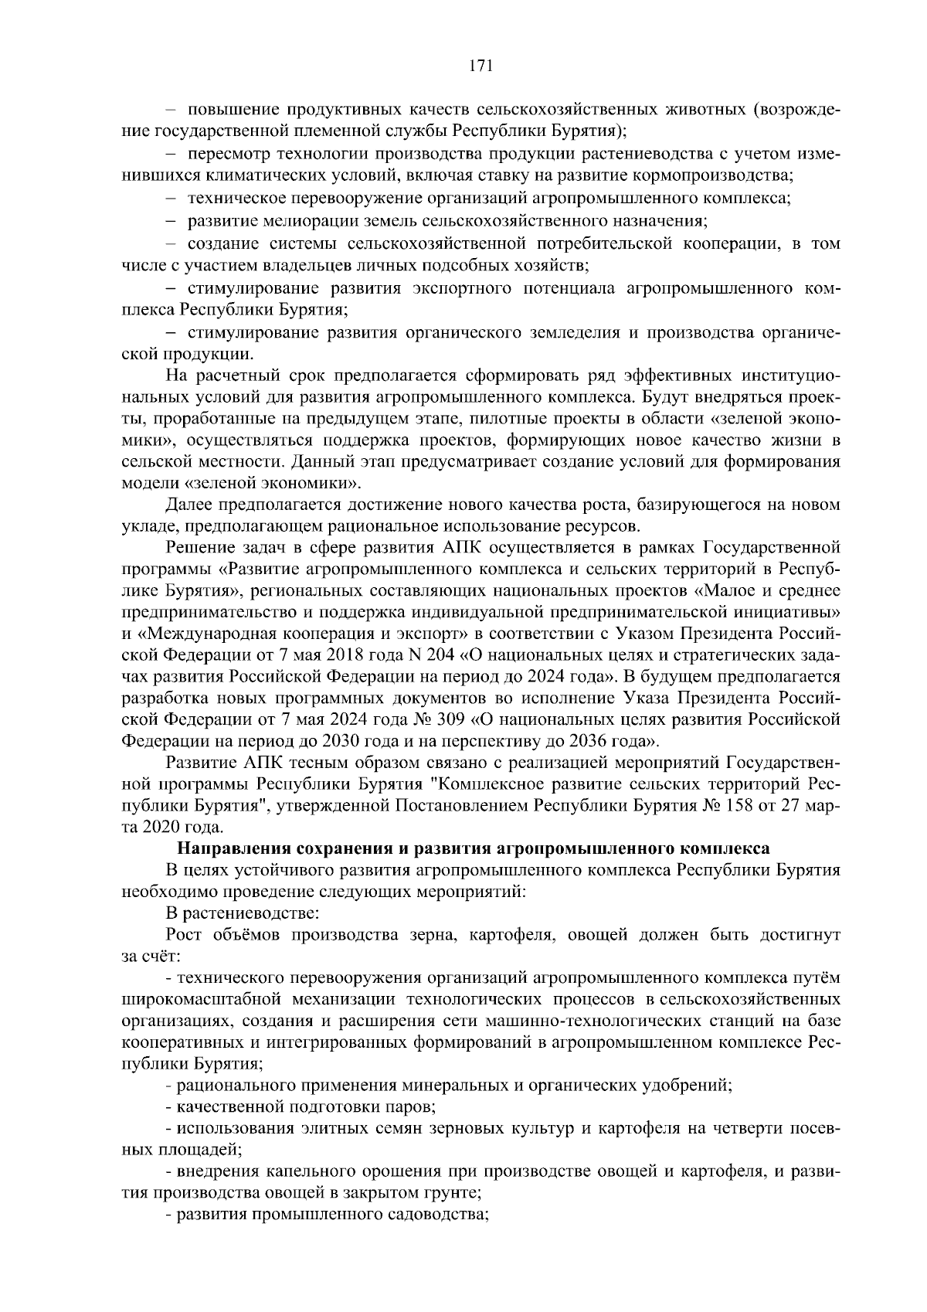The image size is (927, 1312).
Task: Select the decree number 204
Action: click(x=436, y=656)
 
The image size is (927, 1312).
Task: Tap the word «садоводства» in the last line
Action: click(x=439, y=1213)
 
